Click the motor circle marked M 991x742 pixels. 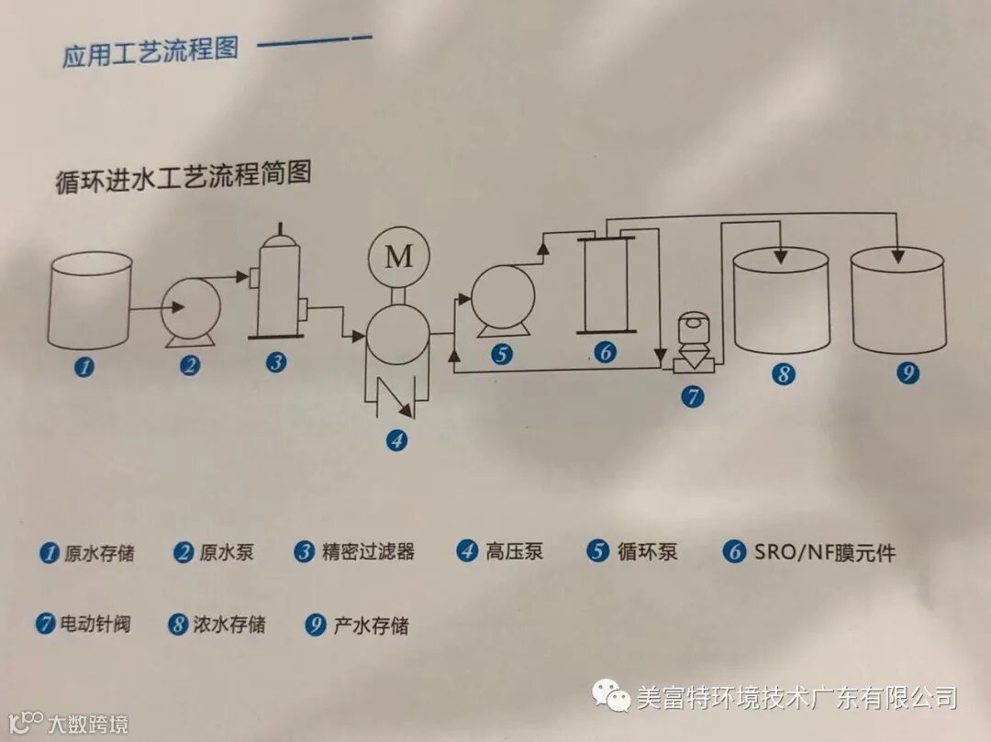(398, 256)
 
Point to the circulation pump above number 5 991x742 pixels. (501, 299)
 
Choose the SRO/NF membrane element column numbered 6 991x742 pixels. (607, 283)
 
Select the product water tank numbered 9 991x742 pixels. (898, 302)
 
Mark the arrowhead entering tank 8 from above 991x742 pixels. (781, 254)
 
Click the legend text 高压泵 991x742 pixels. (514, 551)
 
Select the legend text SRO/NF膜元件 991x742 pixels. (824, 551)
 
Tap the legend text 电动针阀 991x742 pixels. (95, 625)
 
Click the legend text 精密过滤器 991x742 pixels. (368, 551)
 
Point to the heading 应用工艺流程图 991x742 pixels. (150, 50)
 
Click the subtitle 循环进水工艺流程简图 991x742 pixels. (183, 174)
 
